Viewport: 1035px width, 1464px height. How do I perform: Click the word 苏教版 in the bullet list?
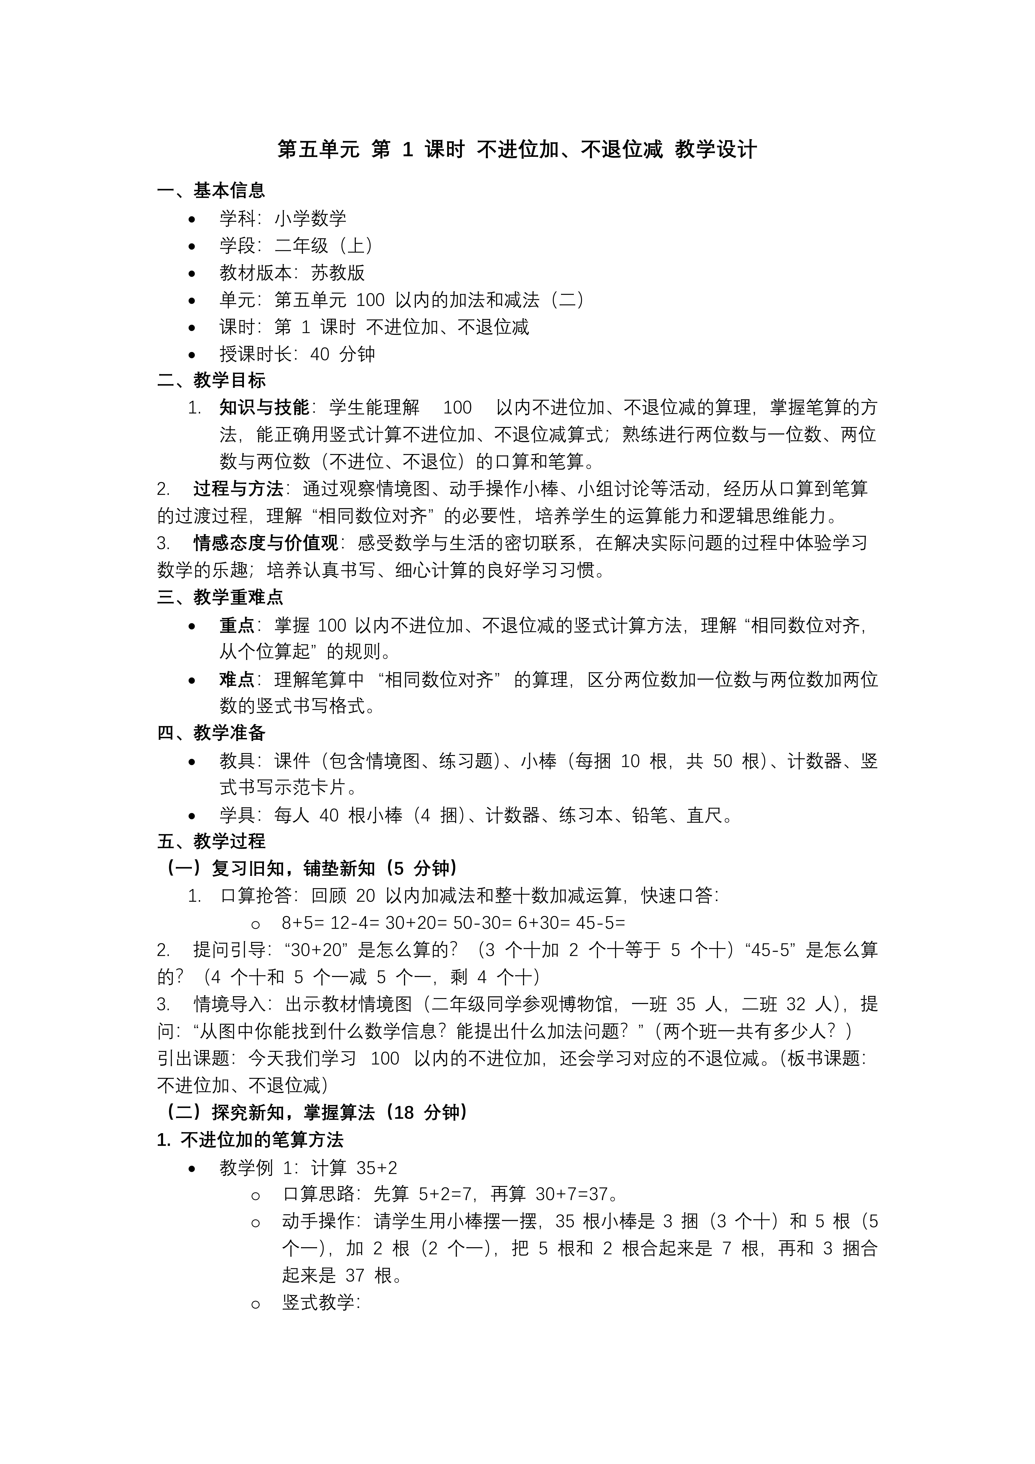338,273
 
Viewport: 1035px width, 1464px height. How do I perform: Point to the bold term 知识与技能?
264,408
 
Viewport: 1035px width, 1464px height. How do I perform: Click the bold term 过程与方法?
238,489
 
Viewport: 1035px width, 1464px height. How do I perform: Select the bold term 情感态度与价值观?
266,543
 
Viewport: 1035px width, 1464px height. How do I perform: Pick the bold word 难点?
237,680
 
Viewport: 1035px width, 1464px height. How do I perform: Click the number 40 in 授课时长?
319,354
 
